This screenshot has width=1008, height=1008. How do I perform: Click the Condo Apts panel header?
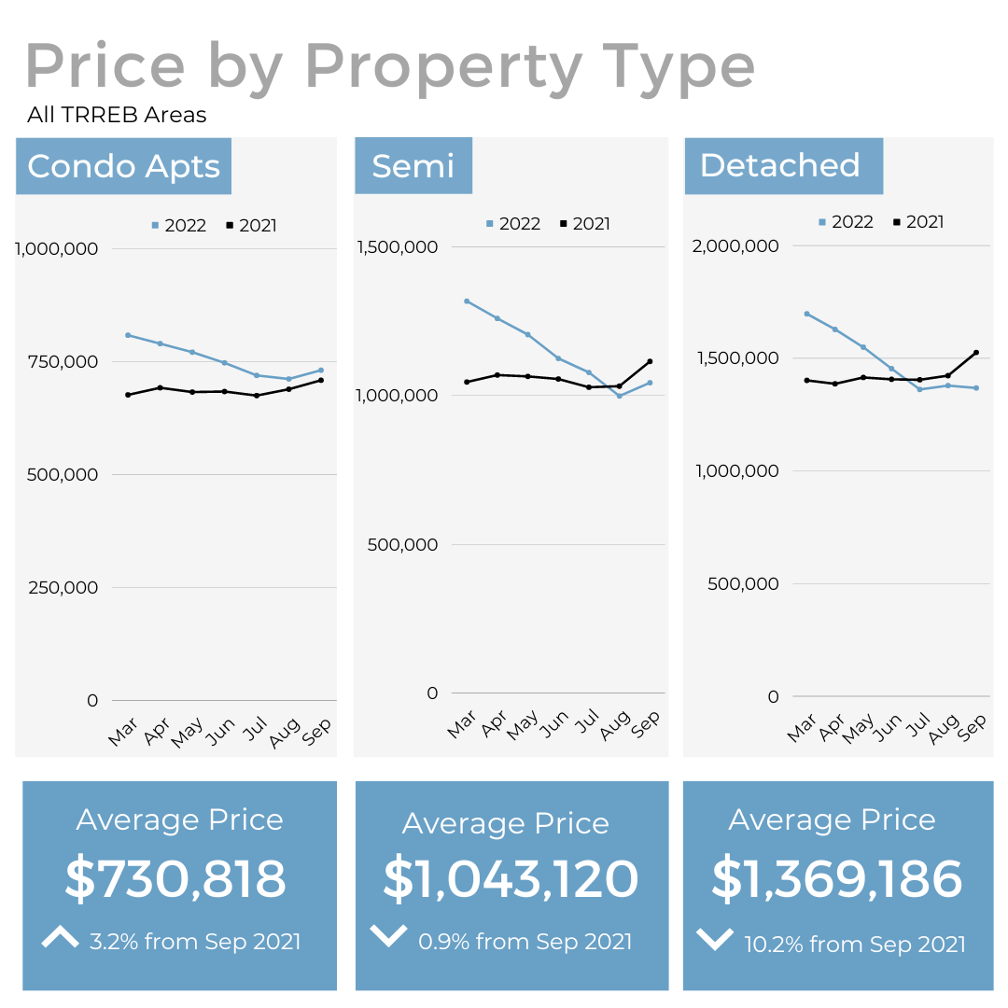pyautogui.click(x=123, y=166)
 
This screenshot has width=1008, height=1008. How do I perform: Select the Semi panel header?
pyautogui.click(x=413, y=165)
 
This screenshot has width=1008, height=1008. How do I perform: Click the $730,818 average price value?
pyautogui.click(x=175, y=878)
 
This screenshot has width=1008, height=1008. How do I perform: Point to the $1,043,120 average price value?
pyautogui.click(x=511, y=878)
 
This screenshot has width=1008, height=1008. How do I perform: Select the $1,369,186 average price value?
pyautogui.click(x=836, y=878)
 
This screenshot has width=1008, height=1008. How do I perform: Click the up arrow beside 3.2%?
pyautogui.click(x=61, y=938)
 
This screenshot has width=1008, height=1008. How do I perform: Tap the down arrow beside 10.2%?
pyautogui.click(x=715, y=939)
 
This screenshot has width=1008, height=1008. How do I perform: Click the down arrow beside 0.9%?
pyautogui.click(x=388, y=935)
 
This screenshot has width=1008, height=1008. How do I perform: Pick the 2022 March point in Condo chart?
pyautogui.click(x=128, y=335)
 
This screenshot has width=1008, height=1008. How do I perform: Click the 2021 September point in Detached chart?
pyautogui.click(x=976, y=353)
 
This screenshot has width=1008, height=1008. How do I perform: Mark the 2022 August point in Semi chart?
pyautogui.click(x=619, y=396)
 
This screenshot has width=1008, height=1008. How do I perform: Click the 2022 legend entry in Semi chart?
pyautogui.click(x=512, y=224)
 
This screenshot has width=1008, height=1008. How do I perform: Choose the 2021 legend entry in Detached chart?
pyautogui.click(x=918, y=222)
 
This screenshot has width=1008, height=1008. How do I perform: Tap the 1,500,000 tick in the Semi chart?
pyautogui.click(x=398, y=246)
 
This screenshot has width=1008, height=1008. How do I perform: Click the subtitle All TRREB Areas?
pyautogui.click(x=117, y=115)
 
